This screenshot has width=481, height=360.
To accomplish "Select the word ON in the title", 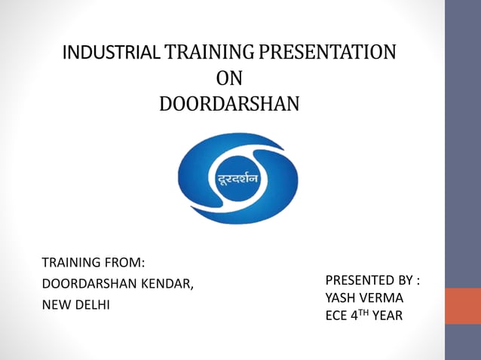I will pyautogui.click(x=229, y=78).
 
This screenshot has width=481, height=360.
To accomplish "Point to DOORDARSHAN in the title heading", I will pyautogui.click(x=229, y=103).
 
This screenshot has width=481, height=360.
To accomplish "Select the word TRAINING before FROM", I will pyautogui.click(x=72, y=263).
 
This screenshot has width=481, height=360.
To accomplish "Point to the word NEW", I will pyautogui.click(x=56, y=306).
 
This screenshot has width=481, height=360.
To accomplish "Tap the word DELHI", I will pyautogui.click(x=92, y=306).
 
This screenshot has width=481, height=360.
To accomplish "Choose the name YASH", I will pyautogui.click(x=340, y=297).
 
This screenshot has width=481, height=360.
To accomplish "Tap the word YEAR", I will pyautogui.click(x=388, y=316).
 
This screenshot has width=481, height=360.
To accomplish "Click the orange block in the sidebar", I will pyautogui.click(x=463, y=306).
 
